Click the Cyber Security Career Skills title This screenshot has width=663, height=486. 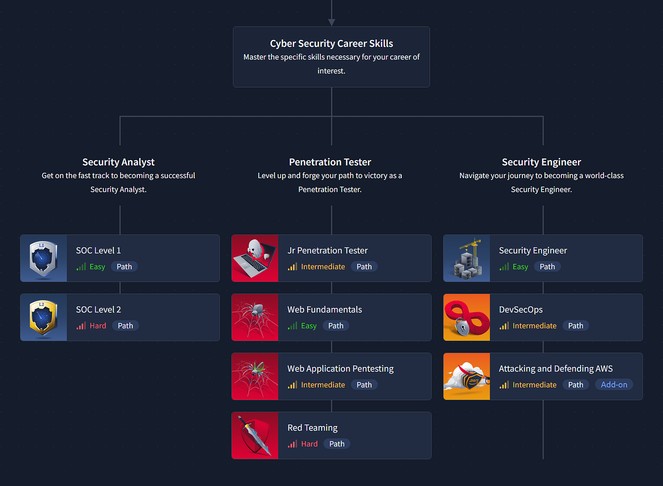(x=331, y=43)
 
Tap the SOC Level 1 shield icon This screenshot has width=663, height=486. (x=43, y=258)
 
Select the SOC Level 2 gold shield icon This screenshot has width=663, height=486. (x=43, y=317)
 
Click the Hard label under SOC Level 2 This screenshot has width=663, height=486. (x=98, y=326)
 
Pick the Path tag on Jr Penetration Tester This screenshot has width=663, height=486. (x=364, y=267)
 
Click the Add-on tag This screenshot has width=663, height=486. (x=614, y=385)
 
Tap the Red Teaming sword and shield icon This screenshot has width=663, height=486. (x=255, y=435)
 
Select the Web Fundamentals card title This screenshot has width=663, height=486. (x=325, y=310)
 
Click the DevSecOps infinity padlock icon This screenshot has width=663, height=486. (x=466, y=317)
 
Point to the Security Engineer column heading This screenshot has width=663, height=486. (x=541, y=162)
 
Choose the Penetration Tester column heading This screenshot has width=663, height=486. (x=330, y=162)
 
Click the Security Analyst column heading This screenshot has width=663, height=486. (x=119, y=162)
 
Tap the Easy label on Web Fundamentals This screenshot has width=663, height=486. (x=309, y=326)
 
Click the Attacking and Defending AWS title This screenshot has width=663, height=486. (x=556, y=369)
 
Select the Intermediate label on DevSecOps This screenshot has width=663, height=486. (x=534, y=326)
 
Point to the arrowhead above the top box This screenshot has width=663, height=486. (x=331, y=22)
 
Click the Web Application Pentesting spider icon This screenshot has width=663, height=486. (x=255, y=376)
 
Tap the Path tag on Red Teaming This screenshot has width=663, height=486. (x=337, y=444)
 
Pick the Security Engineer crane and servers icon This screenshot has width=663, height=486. (x=466, y=258)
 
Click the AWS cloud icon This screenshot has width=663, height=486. (x=466, y=376)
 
